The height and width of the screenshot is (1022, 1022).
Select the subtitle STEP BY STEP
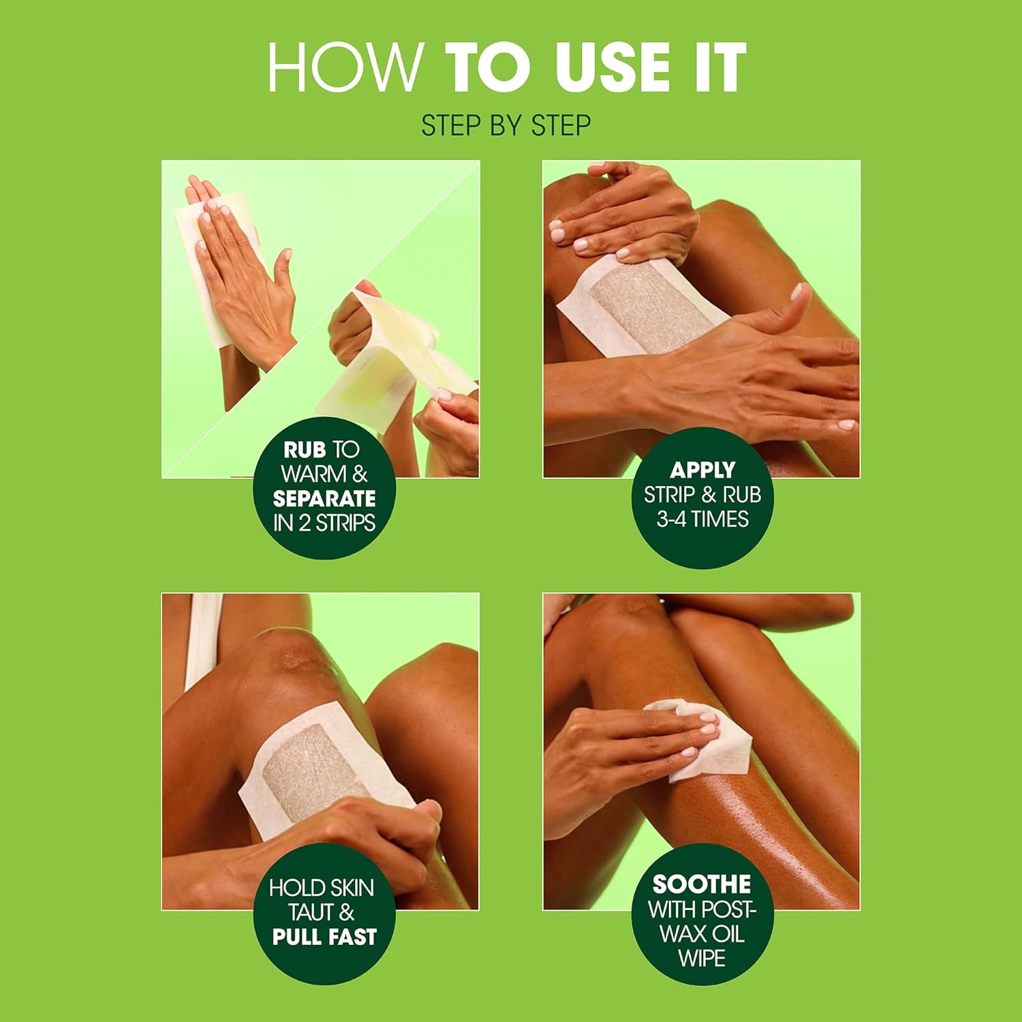506,126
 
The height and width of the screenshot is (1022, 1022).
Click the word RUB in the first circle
304,450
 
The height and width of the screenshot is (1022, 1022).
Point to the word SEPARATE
324,499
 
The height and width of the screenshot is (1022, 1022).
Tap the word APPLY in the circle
702,470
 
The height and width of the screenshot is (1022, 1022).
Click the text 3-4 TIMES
702,519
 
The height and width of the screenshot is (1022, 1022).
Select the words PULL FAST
324,937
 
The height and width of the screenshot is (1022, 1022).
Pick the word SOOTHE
701,884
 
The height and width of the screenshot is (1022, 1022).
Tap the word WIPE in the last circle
701,958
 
